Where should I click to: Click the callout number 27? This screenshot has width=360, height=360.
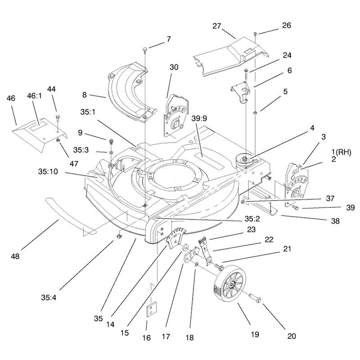pos(216,26)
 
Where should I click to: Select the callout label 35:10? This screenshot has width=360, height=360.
pos(48,171)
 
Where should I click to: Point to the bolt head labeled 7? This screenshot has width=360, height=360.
pos(145,49)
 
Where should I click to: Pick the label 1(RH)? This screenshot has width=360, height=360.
pos(342,152)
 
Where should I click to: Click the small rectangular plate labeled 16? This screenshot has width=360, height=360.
pos(151,309)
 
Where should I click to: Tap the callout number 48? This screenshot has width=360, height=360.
pos(15,256)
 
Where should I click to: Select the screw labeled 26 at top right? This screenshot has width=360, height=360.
pos(255,34)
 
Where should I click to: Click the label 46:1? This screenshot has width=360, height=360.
pos(35,96)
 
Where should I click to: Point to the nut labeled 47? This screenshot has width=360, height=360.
pos(58,140)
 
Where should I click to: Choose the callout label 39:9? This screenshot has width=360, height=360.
pos(199,118)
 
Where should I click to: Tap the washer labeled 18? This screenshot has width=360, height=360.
pos(197,265)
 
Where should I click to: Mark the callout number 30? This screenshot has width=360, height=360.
pos(174,67)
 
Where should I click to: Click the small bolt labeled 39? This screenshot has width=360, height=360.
pos(295,208)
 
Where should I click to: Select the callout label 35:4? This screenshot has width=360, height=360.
pos(49,297)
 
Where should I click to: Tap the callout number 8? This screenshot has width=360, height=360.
pos(84,95)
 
